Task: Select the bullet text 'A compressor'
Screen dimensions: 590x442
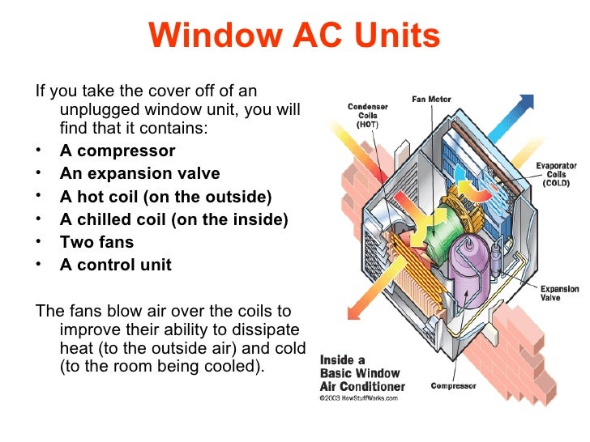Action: tap(118, 151)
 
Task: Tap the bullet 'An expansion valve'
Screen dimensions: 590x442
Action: tap(139, 174)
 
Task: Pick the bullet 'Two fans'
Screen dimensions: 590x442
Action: tap(96, 242)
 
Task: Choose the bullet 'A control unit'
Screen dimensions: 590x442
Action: tap(116, 265)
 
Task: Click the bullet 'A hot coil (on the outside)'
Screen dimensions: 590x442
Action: tap(166, 197)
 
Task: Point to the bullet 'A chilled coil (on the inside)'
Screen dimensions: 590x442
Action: tap(173, 219)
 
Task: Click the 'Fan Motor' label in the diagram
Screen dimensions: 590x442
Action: tap(431, 100)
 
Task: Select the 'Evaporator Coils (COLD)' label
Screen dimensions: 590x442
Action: tap(556, 173)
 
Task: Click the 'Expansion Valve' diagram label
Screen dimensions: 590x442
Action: tap(559, 293)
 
